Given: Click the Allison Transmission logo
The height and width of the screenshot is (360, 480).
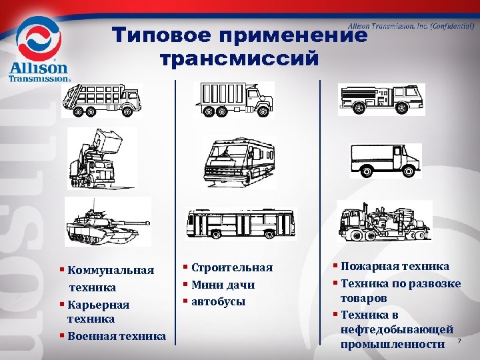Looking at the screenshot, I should coord(39,51).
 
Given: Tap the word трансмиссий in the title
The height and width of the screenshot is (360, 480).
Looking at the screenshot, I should coord(240,59).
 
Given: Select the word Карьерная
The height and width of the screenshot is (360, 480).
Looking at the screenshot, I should coord(101,305).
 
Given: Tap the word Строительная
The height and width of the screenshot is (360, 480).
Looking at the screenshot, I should coord(232,267).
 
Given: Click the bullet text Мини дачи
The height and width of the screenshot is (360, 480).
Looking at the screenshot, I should coord(223,285).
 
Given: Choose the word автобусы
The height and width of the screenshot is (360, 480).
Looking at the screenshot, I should coord(219,301).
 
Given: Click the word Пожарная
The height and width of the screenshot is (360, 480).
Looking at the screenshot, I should coord(370,266).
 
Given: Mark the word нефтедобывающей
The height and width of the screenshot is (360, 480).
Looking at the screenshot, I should coord(397,329).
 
